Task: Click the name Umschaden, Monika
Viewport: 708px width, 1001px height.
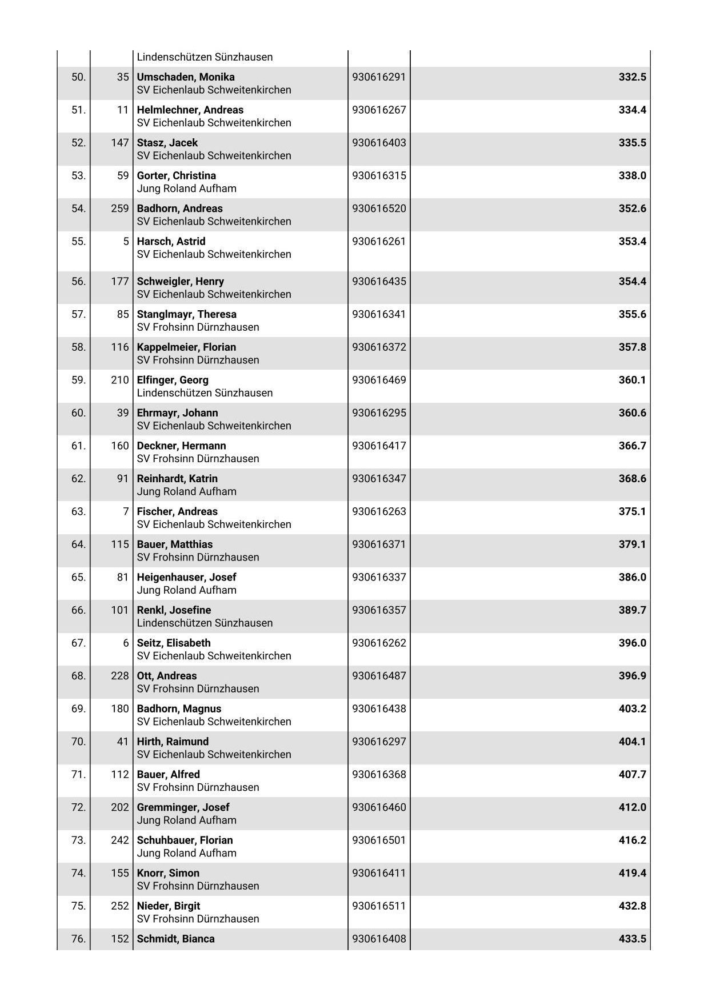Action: (x=185, y=77)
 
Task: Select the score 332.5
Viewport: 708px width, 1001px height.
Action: (x=632, y=77)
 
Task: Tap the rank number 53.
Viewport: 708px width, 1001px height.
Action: (x=78, y=176)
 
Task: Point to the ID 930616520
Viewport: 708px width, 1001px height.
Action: (x=379, y=209)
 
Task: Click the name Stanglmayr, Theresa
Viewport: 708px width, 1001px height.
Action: (x=186, y=314)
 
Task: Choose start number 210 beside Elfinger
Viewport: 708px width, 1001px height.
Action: (x=119, y=380)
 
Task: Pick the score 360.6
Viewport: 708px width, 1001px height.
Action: (x=632, y=413)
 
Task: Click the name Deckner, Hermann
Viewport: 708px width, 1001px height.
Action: (x=181, y=446)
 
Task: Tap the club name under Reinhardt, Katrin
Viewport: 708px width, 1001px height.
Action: (x=186, y=491)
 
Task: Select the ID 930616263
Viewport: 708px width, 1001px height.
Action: (x=379, y=511)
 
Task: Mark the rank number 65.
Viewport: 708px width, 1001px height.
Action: (x=78, y=577)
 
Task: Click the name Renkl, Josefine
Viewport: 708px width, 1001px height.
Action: (x=174, y=610)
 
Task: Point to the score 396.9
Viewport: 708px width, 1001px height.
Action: (x=632, y=676)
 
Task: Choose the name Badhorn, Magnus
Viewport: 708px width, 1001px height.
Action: (x=179, y=708)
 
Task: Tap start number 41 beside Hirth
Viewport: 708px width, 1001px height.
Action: (x=122, y=742)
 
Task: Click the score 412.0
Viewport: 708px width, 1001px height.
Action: (x=632, y=807)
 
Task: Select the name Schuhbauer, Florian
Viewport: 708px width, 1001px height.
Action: (x=185, y=840)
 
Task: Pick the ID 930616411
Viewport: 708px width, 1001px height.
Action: (x=379, y=873)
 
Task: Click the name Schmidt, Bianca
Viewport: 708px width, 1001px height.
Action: (x=175, y=939)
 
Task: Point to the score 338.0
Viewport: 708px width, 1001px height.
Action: (x=632, y=176)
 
